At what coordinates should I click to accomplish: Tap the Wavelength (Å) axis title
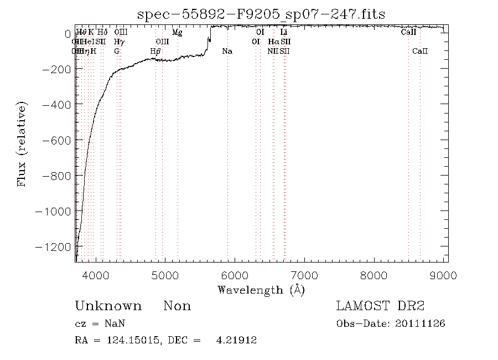click(261, 290)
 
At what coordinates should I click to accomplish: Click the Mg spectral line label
click(177, 33)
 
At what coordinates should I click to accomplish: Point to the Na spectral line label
click(227, 51)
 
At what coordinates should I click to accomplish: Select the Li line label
click(284, 33)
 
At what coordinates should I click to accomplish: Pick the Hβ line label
click(155, 51)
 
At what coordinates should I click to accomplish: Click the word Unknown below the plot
click(108, 306)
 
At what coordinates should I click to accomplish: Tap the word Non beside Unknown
click(177, 306)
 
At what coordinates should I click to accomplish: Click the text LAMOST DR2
click(380, 306)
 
